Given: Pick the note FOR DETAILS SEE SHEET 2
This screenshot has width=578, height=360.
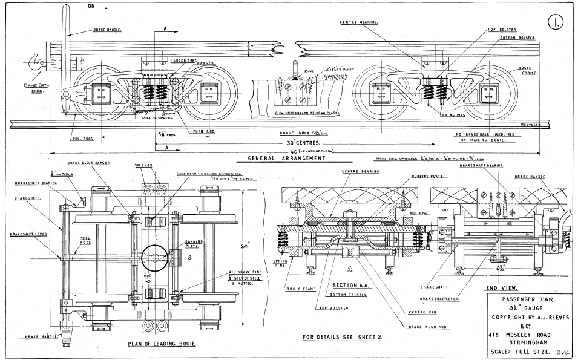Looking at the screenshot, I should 342,336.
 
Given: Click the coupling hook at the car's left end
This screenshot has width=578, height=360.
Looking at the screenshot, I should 34,61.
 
